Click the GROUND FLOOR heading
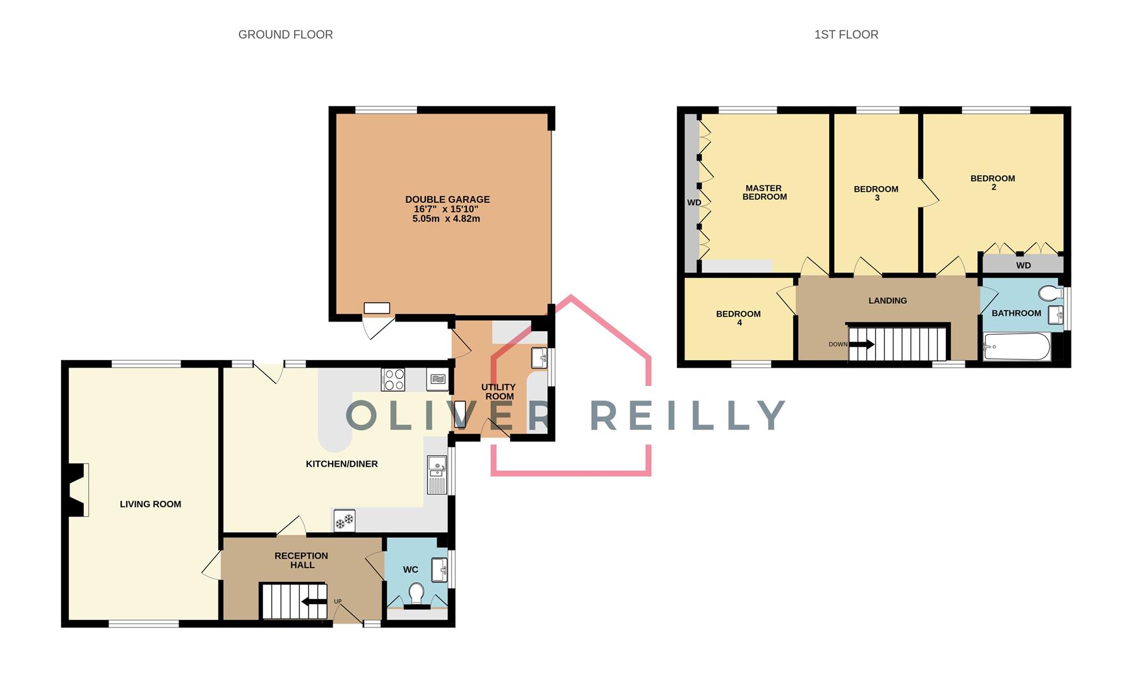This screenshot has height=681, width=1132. [285, 35]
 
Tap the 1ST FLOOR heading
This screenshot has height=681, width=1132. [846, 35]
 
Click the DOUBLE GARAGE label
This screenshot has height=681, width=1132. [447, 199]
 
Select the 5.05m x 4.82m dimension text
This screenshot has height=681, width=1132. [446, 219]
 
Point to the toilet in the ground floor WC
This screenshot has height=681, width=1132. [416, 593]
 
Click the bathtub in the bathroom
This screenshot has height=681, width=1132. [1017, 346]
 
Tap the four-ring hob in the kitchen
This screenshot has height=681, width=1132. [393, 380]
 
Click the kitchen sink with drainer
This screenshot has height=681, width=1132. [437, 474]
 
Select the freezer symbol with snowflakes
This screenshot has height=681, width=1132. [345, 521]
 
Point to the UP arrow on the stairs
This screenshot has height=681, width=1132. [315, 601]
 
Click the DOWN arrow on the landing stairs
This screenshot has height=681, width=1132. [861, 344]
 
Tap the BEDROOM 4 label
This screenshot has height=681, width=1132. [738, 318]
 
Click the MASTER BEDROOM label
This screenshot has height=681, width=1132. [764, 192]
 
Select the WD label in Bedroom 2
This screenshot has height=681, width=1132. [1023, 265]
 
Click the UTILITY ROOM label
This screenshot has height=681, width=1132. [498, 392]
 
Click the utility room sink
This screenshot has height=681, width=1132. [539, 358]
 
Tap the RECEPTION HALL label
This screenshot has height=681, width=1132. [302, 560]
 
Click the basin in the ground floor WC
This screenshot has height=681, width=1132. [440, 569]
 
